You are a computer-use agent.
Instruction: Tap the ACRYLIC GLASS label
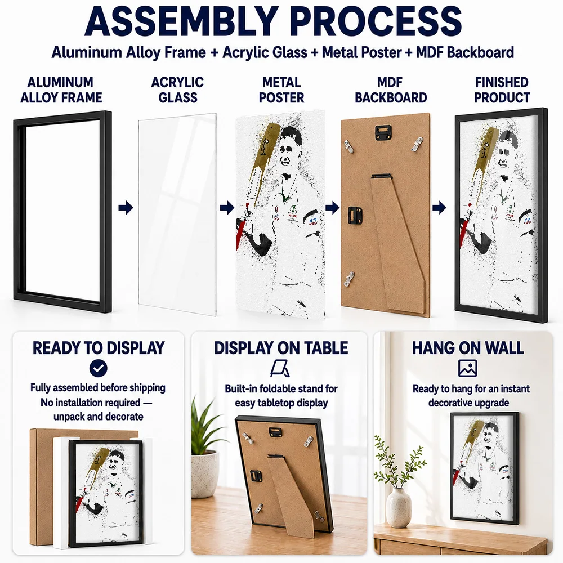(177, 90)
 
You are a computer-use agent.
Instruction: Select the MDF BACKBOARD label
(391, 90)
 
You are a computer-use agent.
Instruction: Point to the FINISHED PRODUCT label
(502, 90)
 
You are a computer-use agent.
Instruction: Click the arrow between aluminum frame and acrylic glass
(126, 208)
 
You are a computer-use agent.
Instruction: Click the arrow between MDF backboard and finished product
(439, 208)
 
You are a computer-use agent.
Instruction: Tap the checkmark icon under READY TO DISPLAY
(99, 368)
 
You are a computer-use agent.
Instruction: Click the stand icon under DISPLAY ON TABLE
(280, 369)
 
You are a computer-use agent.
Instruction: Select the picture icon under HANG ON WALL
(467, 368)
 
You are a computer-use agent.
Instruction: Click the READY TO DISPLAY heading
(99, 348)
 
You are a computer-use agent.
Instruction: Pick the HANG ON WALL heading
(468, 348)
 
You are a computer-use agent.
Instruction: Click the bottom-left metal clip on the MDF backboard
(349, 279)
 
